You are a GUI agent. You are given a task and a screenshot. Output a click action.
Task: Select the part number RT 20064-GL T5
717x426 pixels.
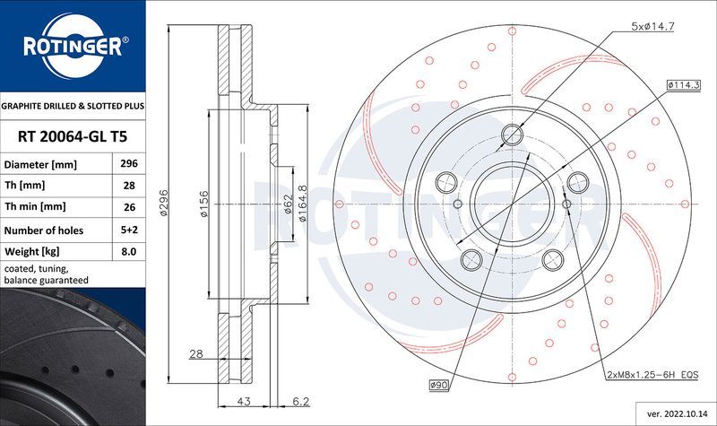point(72,136)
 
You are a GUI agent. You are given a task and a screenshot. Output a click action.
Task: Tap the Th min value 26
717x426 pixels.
point(128,208)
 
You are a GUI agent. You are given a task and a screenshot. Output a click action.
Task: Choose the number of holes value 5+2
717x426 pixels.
point(128,230)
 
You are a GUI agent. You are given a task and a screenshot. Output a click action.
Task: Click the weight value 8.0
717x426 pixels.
point(128,252)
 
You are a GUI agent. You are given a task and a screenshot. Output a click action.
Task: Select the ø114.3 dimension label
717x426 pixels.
point(683,83)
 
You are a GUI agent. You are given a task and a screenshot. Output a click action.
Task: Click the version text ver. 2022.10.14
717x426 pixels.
point(674,414)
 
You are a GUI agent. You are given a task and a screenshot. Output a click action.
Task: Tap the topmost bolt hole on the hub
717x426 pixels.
point(513,135)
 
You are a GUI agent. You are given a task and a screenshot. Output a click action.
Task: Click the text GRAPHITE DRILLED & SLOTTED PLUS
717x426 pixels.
point(72,106)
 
